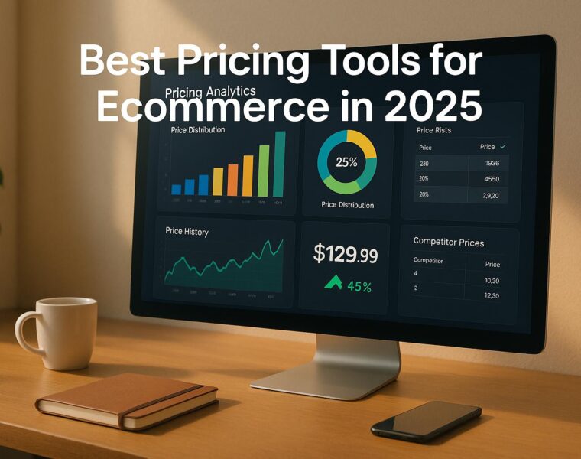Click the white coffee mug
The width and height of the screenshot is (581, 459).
pyautogui.click(x=65, y=334)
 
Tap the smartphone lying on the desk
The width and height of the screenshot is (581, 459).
pyautogui.click(x=426, y=420)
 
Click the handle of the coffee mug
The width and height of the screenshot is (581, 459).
pyautogui.click(x=28, y=335)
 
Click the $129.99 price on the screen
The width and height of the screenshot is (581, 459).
pyautogui.click(x=345, y=255)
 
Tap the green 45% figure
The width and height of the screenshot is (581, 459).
pyautogui.click(x=359, y=287)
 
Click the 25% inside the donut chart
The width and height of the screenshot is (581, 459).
pyautogui.click(x=346, y=162)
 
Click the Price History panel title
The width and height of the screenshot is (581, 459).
pyautogui.click(x=187, y=231)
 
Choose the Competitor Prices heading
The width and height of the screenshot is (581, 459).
pyautogui.click(x=448, y=243)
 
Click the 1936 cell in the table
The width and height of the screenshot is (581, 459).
pyautogui.click(x=492, y=163)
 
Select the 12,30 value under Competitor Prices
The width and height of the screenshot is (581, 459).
pyautogui.click(x=492, y=295)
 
